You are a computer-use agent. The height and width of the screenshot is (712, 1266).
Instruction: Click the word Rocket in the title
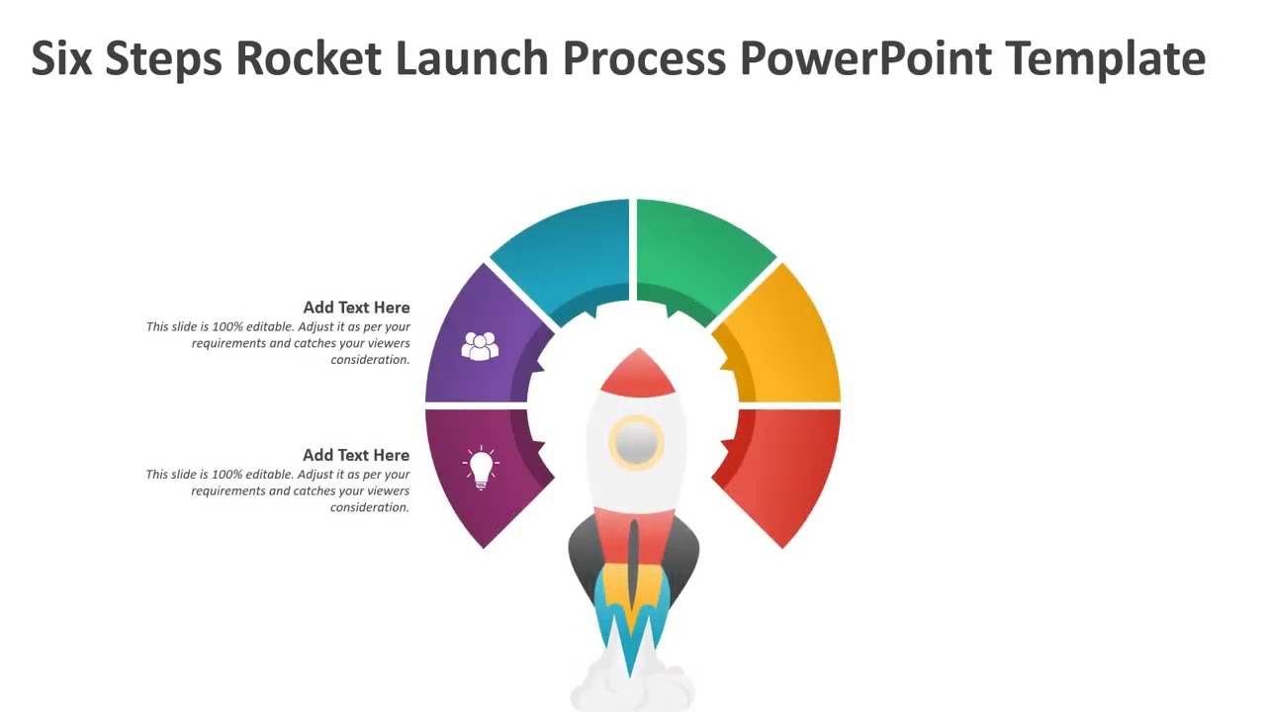click(x=308, y=58)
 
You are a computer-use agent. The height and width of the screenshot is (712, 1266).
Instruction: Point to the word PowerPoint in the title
click(x=865, y=58)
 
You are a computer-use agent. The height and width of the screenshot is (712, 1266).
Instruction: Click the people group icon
click(x=480, y=346)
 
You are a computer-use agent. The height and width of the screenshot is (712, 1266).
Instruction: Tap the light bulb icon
click(x=481, y=467)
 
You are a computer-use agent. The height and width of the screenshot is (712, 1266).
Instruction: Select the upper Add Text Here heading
click(x=356, y=308)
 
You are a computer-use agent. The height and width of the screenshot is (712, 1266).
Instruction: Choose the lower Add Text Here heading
click(x=356, y=455)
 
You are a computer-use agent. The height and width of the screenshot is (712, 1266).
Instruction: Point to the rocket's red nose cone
click(x=638, y=374)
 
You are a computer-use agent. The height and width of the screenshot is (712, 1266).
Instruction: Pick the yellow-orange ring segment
click(x=786, y=341)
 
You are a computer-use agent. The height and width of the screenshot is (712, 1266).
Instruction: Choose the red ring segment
click(x=786, y=470)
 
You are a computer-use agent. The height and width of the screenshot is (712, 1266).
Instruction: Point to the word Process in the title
click(x=644, y=58)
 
